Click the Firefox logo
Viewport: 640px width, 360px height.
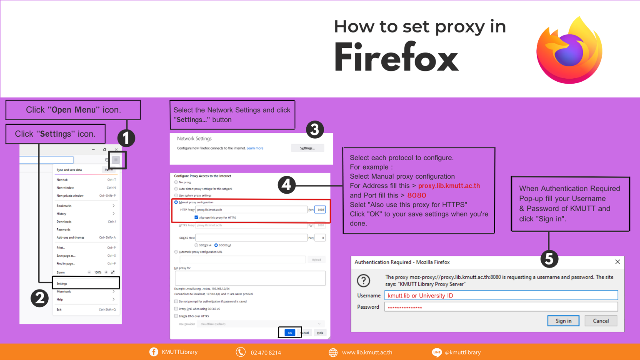point(569,50)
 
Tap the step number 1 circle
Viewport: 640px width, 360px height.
point(126,138)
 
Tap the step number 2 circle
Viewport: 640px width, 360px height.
point(40,298)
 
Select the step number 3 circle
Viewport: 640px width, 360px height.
point(315,130)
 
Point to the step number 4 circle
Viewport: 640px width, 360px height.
point(287,185)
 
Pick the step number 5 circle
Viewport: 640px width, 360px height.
point(549,259)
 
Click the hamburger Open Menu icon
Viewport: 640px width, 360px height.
point(116,160)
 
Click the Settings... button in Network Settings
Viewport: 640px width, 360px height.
point(307,148)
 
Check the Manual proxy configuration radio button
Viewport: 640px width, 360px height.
point(176,202)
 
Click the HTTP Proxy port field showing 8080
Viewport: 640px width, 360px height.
point(320,210)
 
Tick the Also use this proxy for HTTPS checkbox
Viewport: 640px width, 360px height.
point(196,217)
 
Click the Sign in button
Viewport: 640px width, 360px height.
point(563,321)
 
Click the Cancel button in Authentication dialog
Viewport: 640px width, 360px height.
point(600,321)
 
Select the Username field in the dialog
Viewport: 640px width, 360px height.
point(500,295)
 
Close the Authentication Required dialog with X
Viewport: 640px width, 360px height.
point(617,262)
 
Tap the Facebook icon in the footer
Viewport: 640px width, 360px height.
point(154,352)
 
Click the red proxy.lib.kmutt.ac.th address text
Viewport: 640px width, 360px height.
point(449,186)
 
